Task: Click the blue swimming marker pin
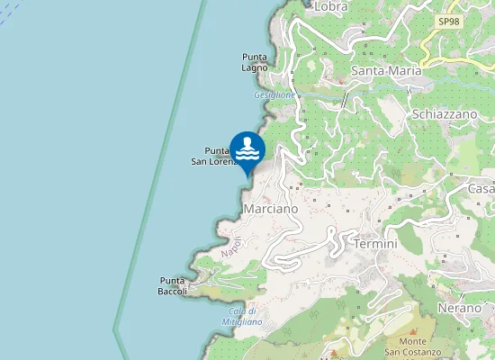(247, 150)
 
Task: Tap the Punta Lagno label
(255, 62)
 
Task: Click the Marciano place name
(270, 209)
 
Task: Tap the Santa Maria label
(387, 71)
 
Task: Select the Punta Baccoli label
(172, 285)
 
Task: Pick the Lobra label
(330, 7)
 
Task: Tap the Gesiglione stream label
(274, 94)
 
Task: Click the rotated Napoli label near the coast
(231, 246)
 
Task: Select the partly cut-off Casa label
(481, 188)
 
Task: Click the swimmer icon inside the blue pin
(247, 147)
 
